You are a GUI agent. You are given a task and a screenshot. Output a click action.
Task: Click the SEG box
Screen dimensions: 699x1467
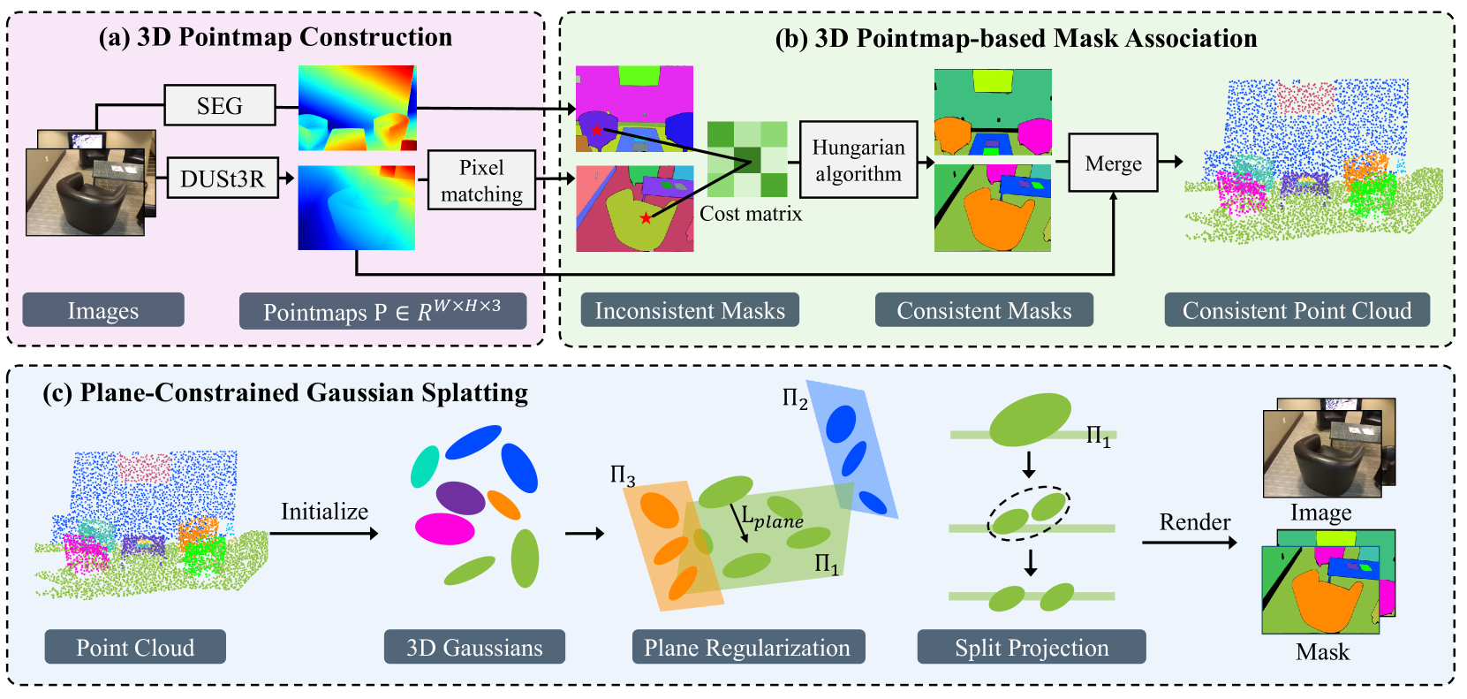(219, 106)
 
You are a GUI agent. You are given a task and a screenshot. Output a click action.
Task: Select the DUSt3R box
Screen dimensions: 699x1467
(223, 179)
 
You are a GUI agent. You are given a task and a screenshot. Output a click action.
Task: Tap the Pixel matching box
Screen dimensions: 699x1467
(481, 180)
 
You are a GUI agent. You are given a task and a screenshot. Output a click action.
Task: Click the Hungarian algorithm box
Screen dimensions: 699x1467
(858, 160)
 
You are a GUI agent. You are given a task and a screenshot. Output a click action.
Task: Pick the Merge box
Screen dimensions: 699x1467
(1113, 163)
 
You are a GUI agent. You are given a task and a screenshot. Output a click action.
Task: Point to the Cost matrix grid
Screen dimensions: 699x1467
(747, 159)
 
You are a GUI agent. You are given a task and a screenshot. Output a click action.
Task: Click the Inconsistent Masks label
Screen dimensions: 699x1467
(690, 310)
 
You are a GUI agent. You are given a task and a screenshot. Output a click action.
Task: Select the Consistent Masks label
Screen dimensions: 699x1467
(984, 310)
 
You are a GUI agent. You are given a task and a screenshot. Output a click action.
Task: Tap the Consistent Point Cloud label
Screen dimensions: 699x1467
(1297, 310)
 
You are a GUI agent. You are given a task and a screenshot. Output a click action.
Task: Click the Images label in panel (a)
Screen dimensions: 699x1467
(103, 310)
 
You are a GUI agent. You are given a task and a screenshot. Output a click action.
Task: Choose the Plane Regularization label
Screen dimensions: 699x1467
(747, 647)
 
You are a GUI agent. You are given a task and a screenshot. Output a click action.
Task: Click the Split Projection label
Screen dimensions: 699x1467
(1032, 647)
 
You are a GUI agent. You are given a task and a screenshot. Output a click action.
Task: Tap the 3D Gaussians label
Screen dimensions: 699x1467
(474, 647)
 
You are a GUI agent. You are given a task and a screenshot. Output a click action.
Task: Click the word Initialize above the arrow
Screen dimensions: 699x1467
(324, 512)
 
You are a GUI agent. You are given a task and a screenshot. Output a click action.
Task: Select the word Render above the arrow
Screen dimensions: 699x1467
(1194, 522)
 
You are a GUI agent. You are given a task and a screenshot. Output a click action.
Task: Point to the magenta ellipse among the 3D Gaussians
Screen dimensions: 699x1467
(445, 528)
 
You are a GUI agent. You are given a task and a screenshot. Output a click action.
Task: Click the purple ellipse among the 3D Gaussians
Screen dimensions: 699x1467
(460, 498)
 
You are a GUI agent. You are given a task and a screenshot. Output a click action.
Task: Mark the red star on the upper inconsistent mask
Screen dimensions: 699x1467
(598, 130)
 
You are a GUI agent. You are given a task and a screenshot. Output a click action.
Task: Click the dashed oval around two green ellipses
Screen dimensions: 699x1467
(1028, 513)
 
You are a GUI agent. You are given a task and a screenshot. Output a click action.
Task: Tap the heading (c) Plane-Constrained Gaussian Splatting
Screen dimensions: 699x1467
(285, 393)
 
